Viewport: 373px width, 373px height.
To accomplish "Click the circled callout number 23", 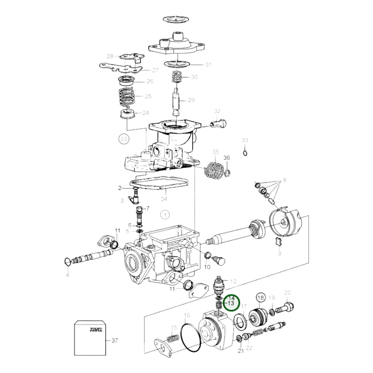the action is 124,139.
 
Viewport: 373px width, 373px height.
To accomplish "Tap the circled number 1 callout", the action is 165,215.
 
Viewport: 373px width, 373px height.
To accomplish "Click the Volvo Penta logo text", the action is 96,329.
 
